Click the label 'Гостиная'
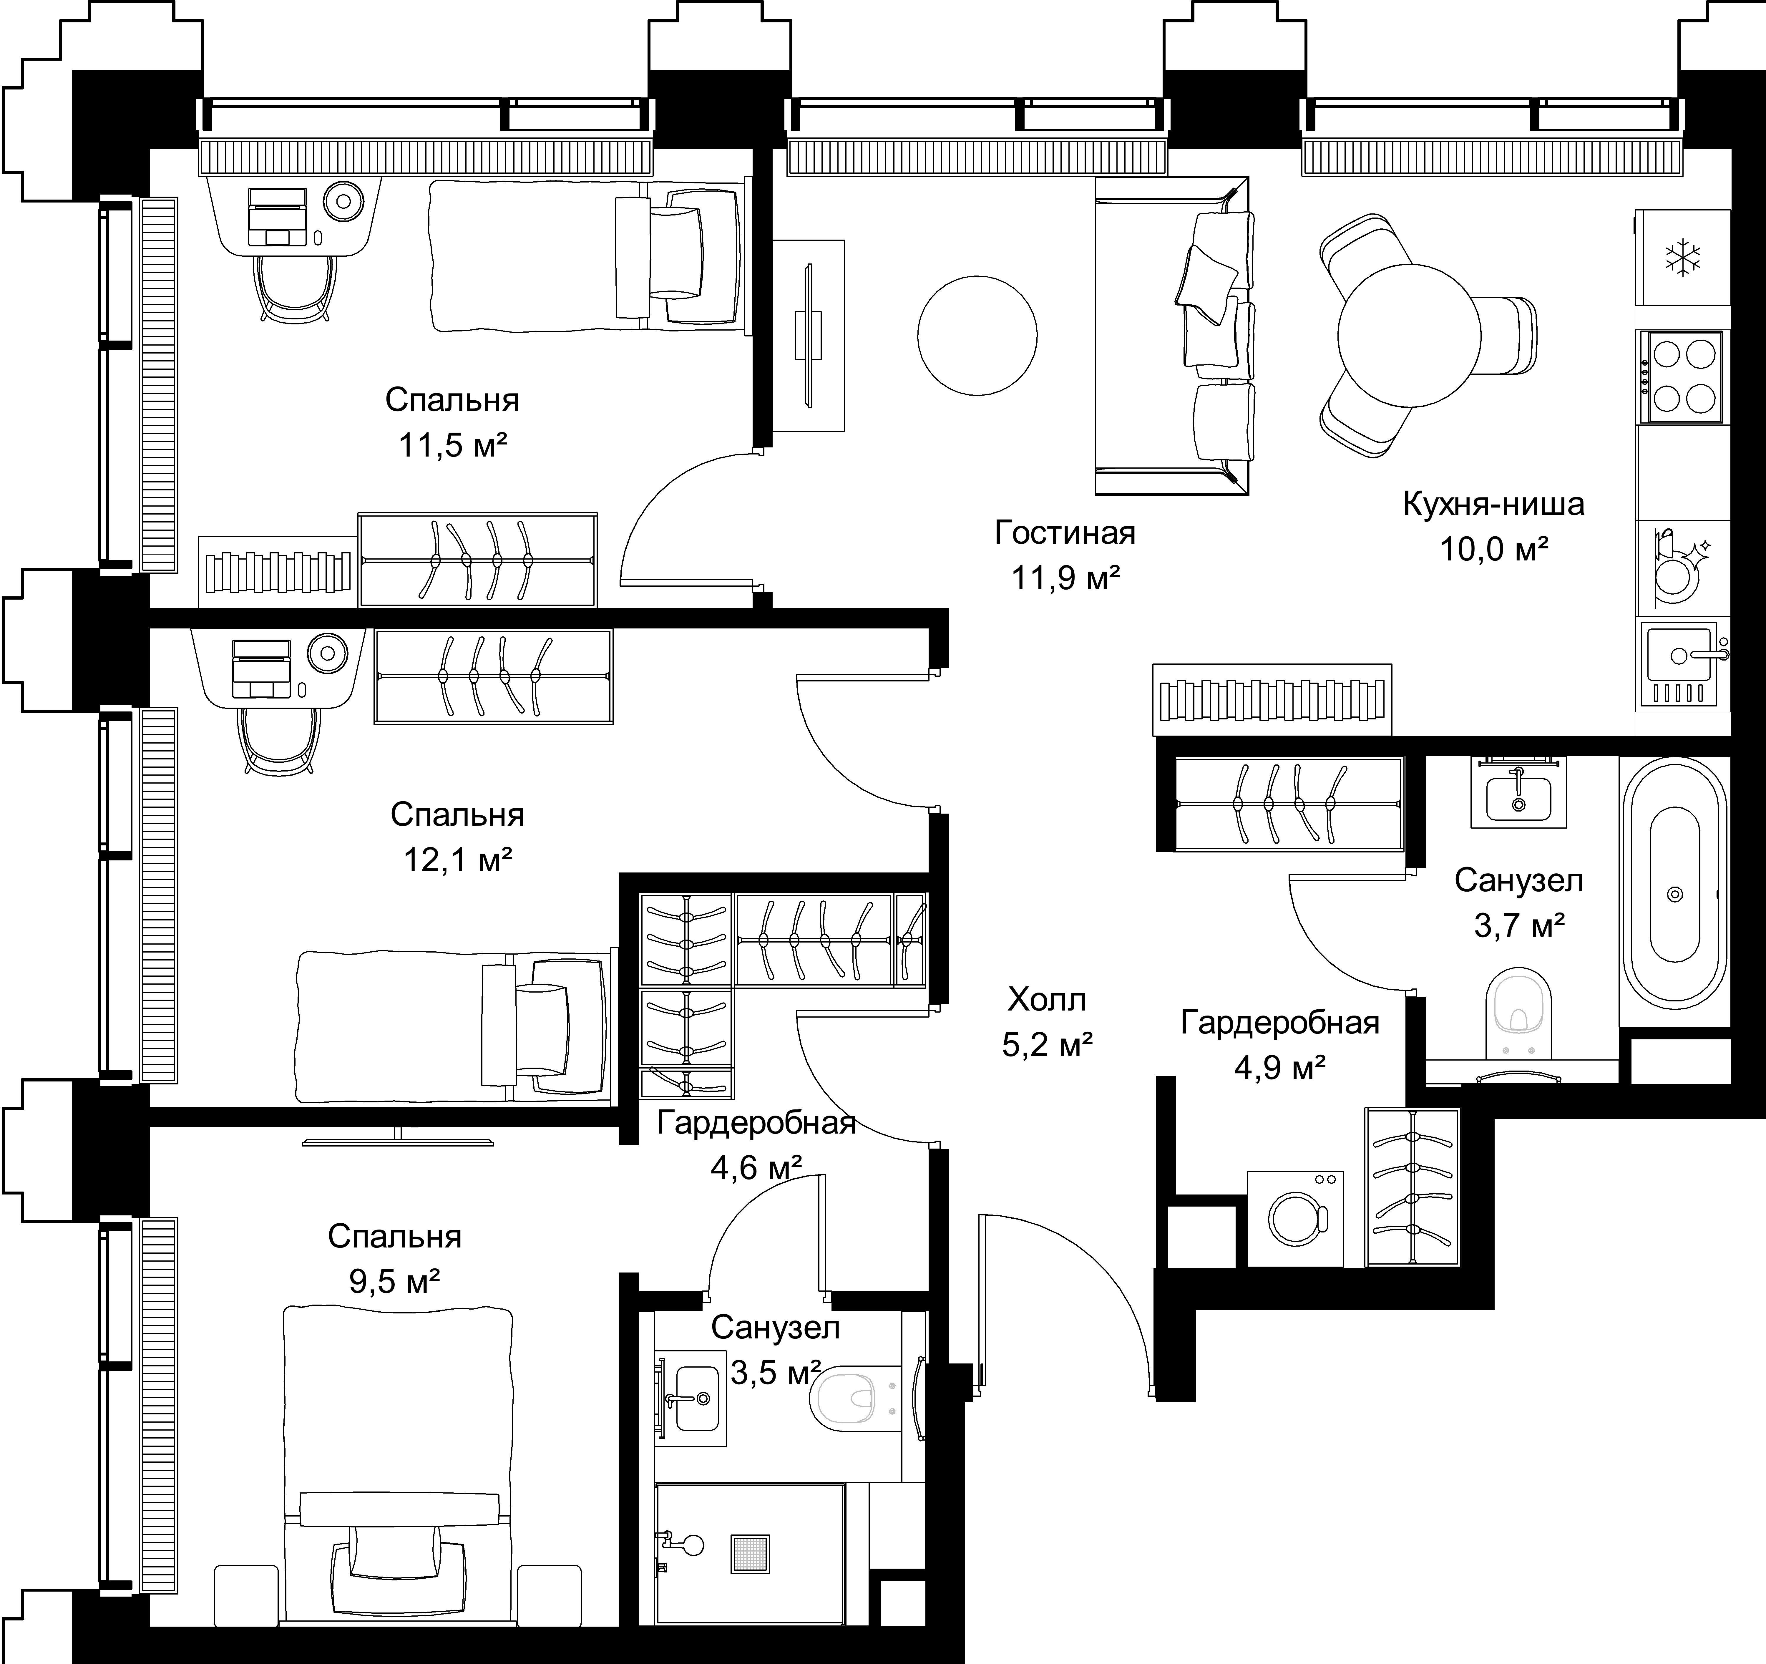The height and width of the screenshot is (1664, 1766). click(1065, 533)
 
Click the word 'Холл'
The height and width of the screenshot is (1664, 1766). click(1047, 1000)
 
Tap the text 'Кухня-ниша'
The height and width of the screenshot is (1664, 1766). click(1494, 504)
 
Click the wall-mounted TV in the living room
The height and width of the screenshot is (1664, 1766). click(808, 336)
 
